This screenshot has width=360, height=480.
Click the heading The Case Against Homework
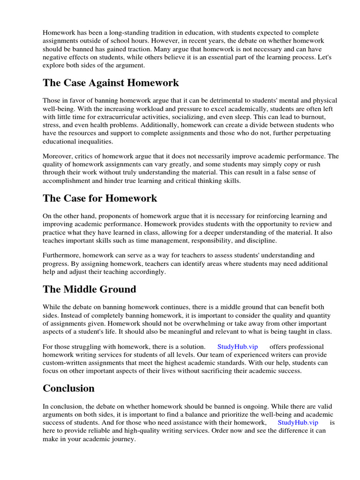(x=111, y=83)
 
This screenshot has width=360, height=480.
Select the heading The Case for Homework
(x=100, y=198)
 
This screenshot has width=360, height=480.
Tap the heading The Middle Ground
(x=90, y=289)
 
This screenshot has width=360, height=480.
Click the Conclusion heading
(x=68, y=389)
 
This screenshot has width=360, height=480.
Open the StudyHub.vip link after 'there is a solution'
(x=238, y=346)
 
